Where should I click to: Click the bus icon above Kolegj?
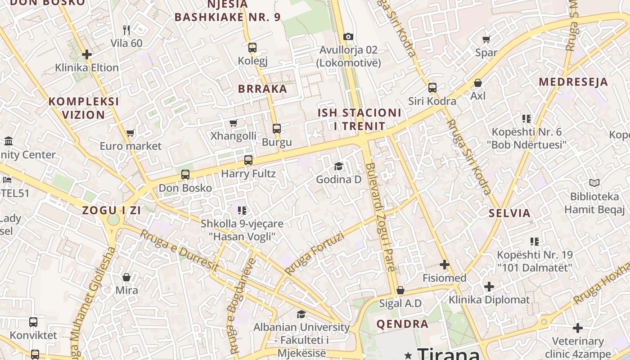pyautogui.click(x=252, y=47)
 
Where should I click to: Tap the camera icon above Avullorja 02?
pyautogui.click(x=348, y=36)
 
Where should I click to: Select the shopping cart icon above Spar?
pyautogui.click(x=486, y=39)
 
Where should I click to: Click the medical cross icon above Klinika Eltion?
pyautogui.click(x=87, y=54)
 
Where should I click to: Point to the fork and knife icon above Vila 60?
pyautogui.click(x=126, y=30)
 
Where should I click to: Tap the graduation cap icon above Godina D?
pyautogui.click(x=338, y=166)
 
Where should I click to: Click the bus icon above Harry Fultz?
pyautogui.click(x=248, y=160)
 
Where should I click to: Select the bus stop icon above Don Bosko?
pyautogui.click(x=185, y=175)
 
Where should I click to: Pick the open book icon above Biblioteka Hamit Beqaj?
pyautogui.click(x=594, y=183)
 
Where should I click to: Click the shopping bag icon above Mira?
pyautogui.click(x=126, y=277)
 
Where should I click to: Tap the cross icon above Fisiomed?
pyautogui.click(x=445, y=265)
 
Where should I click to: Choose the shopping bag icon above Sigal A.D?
pyautogui.click(x=400, y=290)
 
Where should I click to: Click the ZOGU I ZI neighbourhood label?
pyautogui.click(x=111, y=210)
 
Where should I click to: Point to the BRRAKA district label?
pyautogui.click(x=262, y=89)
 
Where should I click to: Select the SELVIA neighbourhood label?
pyautogui.click(x=510, y=213)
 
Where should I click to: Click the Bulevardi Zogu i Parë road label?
pyautogui.click(x=381, y=217)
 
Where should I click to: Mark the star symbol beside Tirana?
pyautogui.click(x=408, y=355)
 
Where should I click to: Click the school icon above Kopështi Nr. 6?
pyautogui.click(x=526, y=119)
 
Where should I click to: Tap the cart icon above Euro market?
pyautogui.click(x=130, y=133)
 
